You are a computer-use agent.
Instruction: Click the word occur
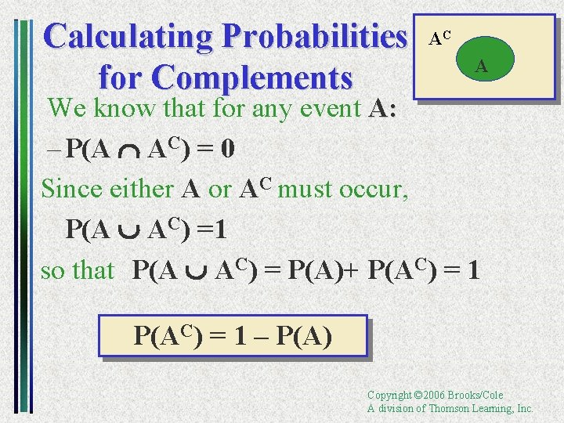coord(377,190)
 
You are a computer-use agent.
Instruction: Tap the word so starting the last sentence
coord(52,271)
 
